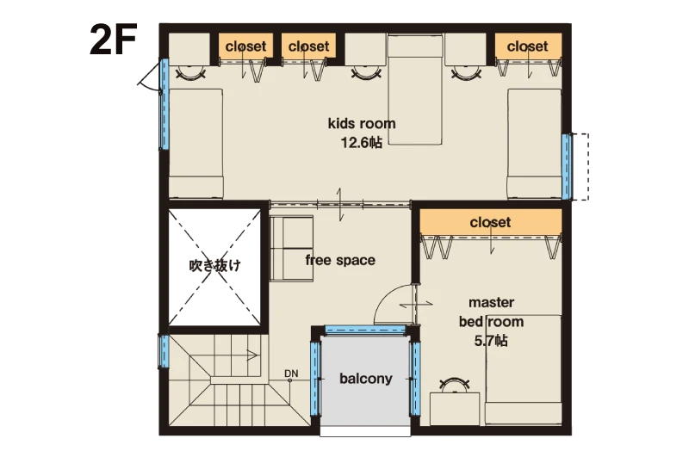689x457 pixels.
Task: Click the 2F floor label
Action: (114, 40)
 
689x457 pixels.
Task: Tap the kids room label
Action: (362, 123)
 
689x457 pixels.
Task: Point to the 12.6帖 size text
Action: (362, 143)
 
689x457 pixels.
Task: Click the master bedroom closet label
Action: (490, 222)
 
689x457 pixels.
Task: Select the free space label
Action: (340, 260)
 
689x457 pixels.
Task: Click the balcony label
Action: (365, 379)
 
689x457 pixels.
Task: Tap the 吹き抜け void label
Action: (214, 265)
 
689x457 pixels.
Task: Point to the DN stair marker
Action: (291, 374)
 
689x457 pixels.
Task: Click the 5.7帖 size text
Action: (491, 341)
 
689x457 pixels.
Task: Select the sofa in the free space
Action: (291, 248)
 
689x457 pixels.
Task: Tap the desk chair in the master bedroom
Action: (454, 385)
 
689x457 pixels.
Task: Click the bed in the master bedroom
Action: (524, 369)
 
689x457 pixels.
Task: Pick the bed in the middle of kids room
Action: (415, 90)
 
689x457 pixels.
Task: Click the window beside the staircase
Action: (164, 351)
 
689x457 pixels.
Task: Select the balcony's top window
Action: (364, 330)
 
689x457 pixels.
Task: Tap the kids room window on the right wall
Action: (567, 166)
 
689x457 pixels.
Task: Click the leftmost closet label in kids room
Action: (245, 46)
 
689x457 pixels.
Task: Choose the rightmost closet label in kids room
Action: (527, 46)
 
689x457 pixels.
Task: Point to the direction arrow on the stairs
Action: (252, 355)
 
